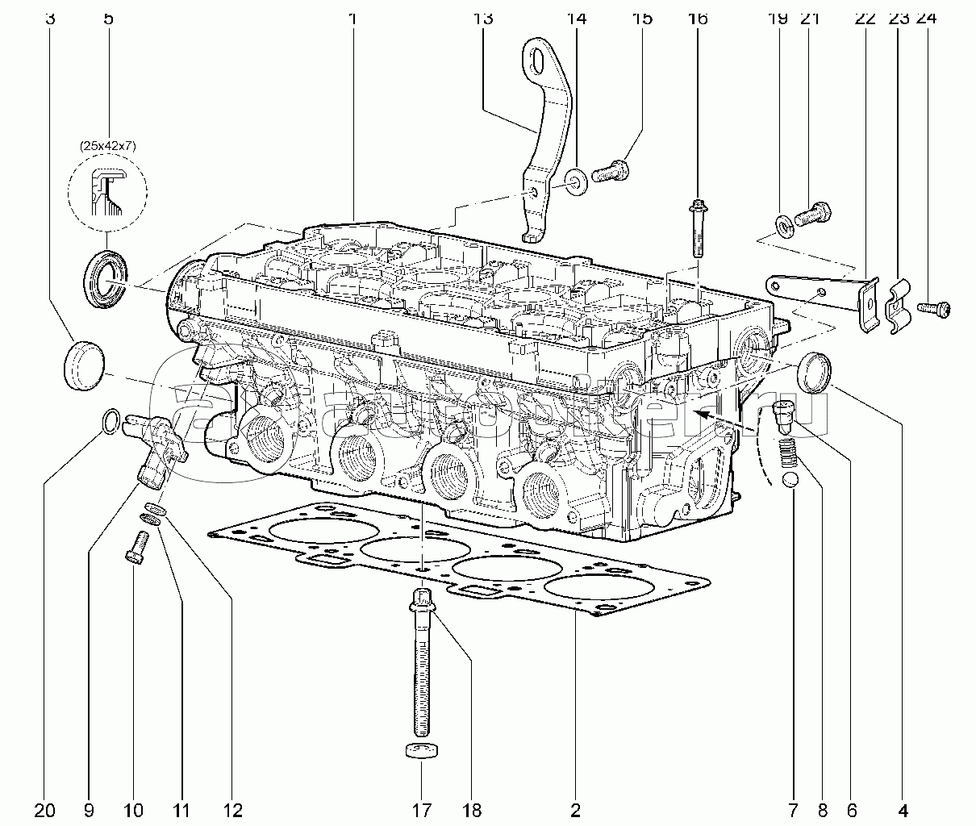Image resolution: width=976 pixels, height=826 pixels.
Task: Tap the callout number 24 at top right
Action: [x=926, y=17]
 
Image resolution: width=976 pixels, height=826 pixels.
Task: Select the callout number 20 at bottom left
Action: [x=45, y=809]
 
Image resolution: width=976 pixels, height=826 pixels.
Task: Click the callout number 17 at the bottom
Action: [x=422, y=809]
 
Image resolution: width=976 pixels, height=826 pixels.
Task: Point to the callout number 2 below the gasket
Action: [x=575, y=809]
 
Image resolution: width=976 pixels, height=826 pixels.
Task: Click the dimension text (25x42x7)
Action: [x=108, y=147]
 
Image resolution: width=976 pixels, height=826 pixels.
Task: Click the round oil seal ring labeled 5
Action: [x=104, y=279]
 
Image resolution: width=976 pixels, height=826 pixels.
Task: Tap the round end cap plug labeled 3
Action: [x=83, y=365]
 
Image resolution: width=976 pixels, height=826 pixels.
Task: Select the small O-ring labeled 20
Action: [x=113, y=419]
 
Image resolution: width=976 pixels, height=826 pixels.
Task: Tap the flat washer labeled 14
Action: [x=577, y=181]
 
